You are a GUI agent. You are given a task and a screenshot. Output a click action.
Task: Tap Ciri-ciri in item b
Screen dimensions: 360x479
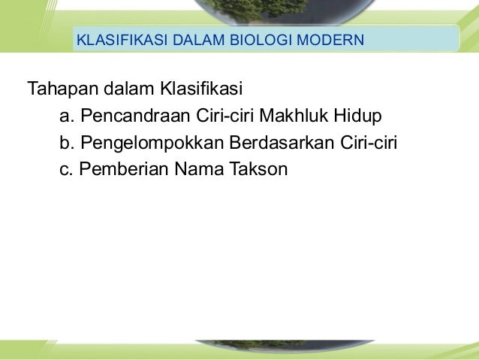coord(368,144)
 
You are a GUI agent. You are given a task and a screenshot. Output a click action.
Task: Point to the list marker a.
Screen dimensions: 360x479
coord(66,117)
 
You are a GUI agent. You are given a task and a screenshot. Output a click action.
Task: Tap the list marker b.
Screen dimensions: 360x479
coord(66,144)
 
